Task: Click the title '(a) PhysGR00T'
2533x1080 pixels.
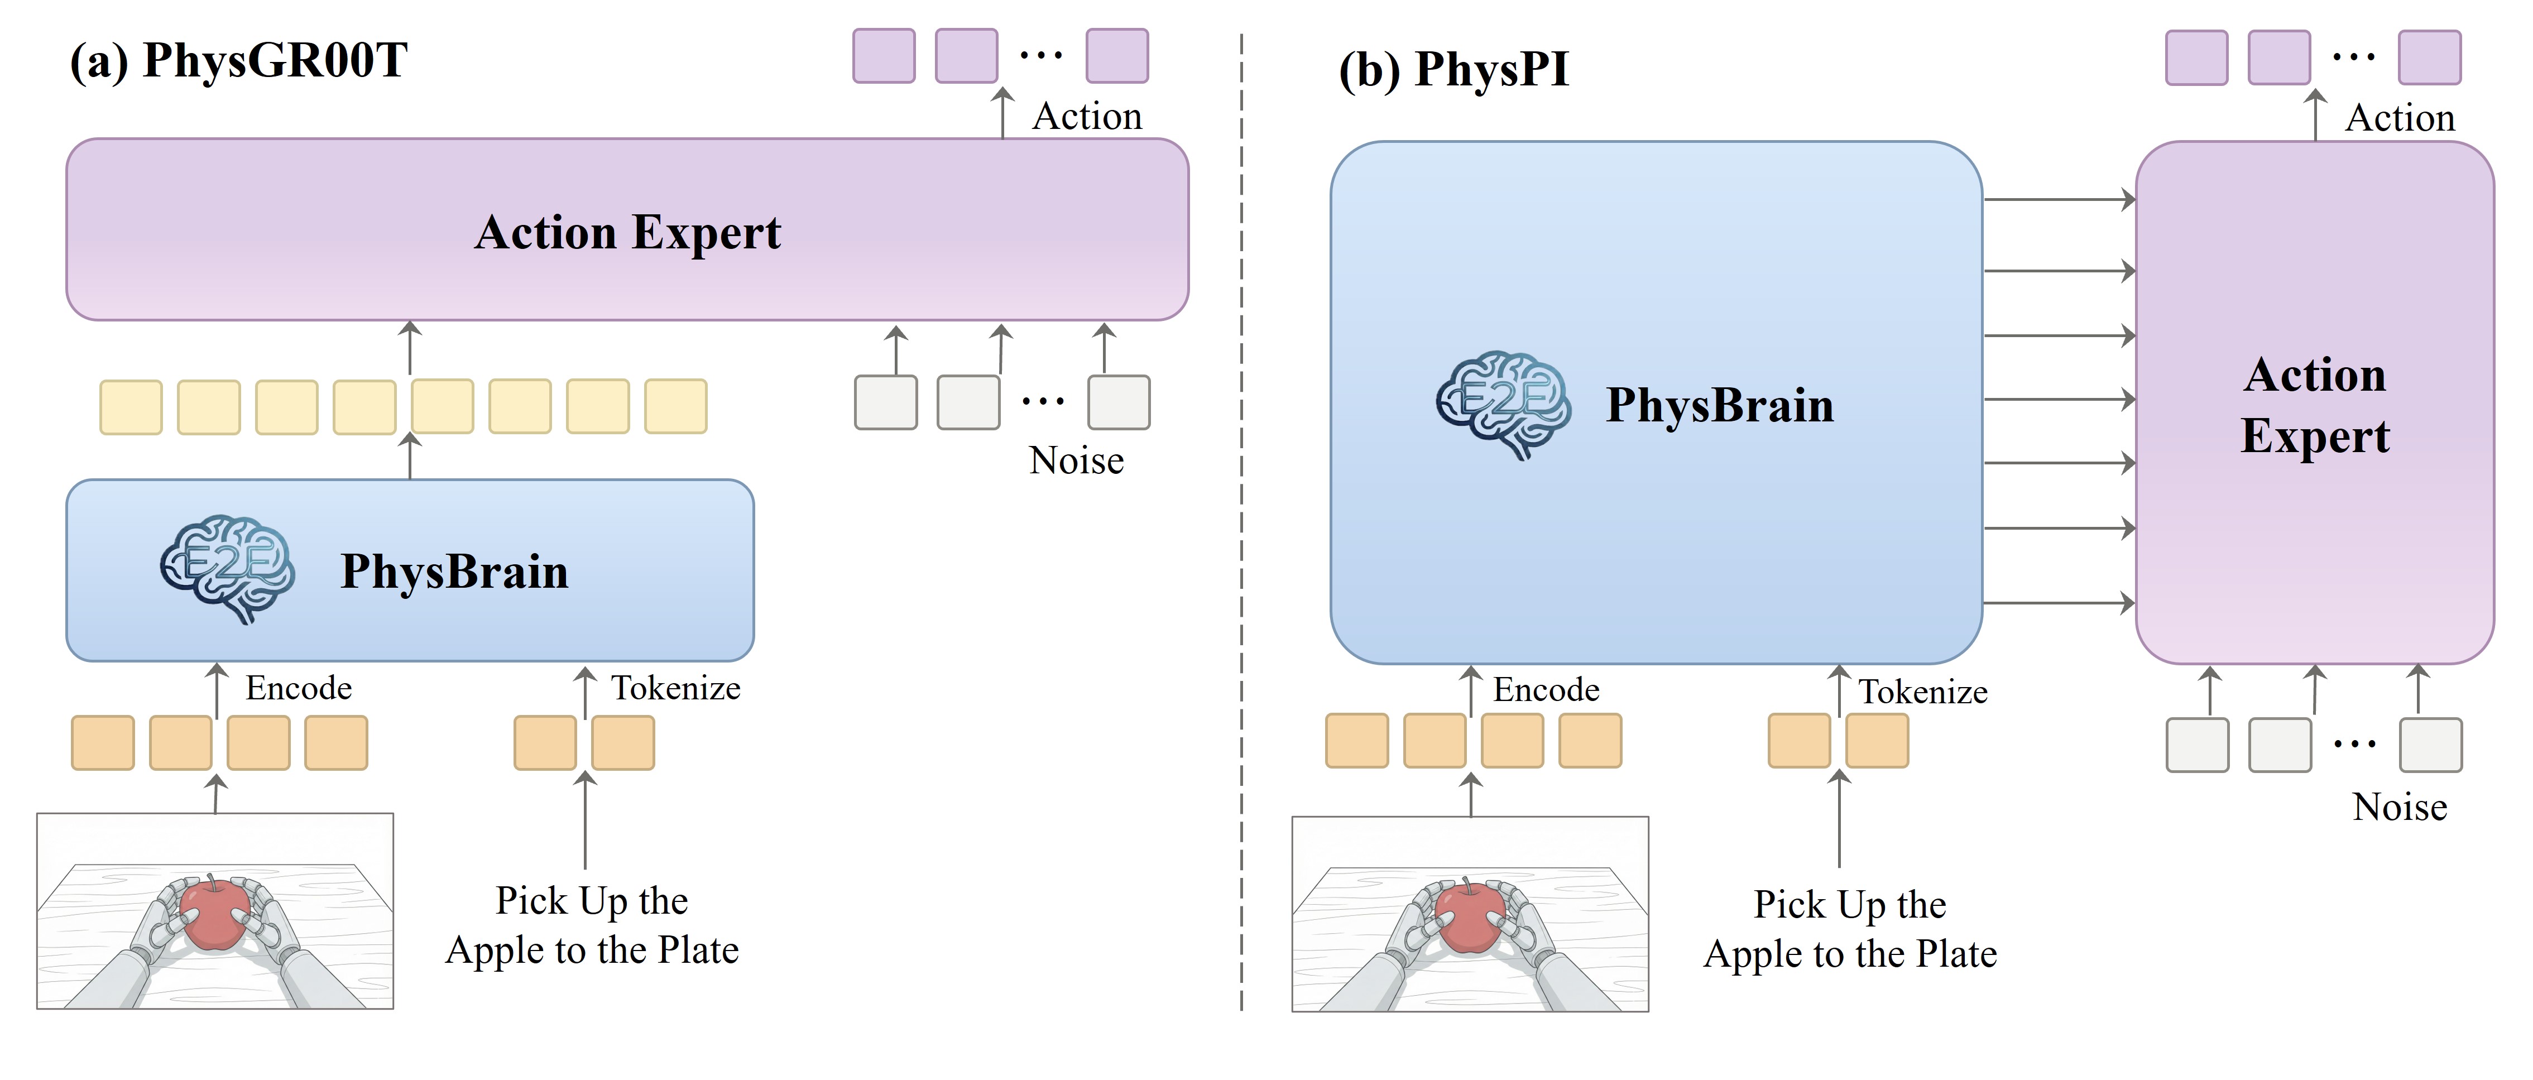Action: point(238,61)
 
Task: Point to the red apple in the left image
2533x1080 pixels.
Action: point(213,915)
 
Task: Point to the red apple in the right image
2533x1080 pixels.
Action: point(1468,916)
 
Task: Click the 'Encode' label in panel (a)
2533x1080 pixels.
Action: point(298,688)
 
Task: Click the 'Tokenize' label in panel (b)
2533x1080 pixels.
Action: point(1922,692)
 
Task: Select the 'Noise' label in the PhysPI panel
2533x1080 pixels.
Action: point(2399,807)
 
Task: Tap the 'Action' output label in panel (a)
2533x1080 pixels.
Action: point(1087,116)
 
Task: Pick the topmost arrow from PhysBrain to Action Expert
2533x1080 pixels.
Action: point(2059,200)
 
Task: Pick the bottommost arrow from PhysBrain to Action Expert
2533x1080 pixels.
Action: point(2059,602)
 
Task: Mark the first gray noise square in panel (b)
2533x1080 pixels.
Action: point(2197,745)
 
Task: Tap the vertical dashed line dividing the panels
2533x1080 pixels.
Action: point(1241,521)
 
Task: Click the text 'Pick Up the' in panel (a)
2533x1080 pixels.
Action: point(591,900)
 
